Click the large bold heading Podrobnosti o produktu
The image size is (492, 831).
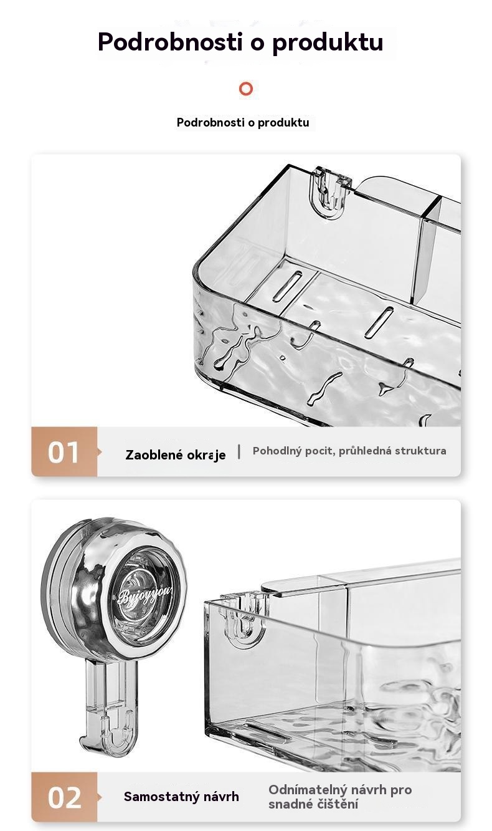(x=240, y=42)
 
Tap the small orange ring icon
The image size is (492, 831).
(x=246, y=89)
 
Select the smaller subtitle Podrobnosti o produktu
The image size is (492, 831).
(x=243, y=122)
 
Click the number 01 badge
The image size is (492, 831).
(x=64, y=451)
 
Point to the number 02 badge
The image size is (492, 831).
(x=64, y=797)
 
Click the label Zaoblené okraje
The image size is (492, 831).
(x=176, y=455)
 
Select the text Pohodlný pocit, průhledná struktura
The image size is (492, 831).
(x=349, y=451)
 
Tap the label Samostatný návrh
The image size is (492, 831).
(x=181, y=797)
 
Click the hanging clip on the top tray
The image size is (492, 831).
(x=329, y=192)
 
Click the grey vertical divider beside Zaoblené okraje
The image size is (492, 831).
(x=239, y=451)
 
